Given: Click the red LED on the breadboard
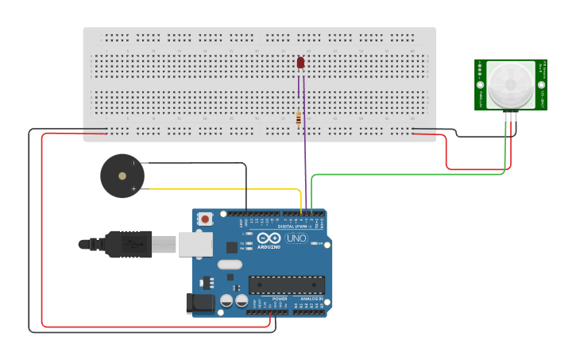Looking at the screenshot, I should (301, 62).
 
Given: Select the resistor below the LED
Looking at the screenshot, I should (299, 118).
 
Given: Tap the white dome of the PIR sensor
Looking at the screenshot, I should (510, 84).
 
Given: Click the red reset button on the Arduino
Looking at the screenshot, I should (206, 219).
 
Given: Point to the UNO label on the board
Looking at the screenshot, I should (296, 238).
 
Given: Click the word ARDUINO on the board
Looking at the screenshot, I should (269, 247).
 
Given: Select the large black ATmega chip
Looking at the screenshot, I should (287, 285).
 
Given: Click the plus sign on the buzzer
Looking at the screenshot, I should (133, 189).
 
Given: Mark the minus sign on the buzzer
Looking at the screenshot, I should (133, 163).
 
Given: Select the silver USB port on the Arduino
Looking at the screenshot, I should (195, 244).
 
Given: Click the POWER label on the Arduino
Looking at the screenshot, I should (268, 299).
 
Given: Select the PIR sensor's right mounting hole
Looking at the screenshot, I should (542, 84).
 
